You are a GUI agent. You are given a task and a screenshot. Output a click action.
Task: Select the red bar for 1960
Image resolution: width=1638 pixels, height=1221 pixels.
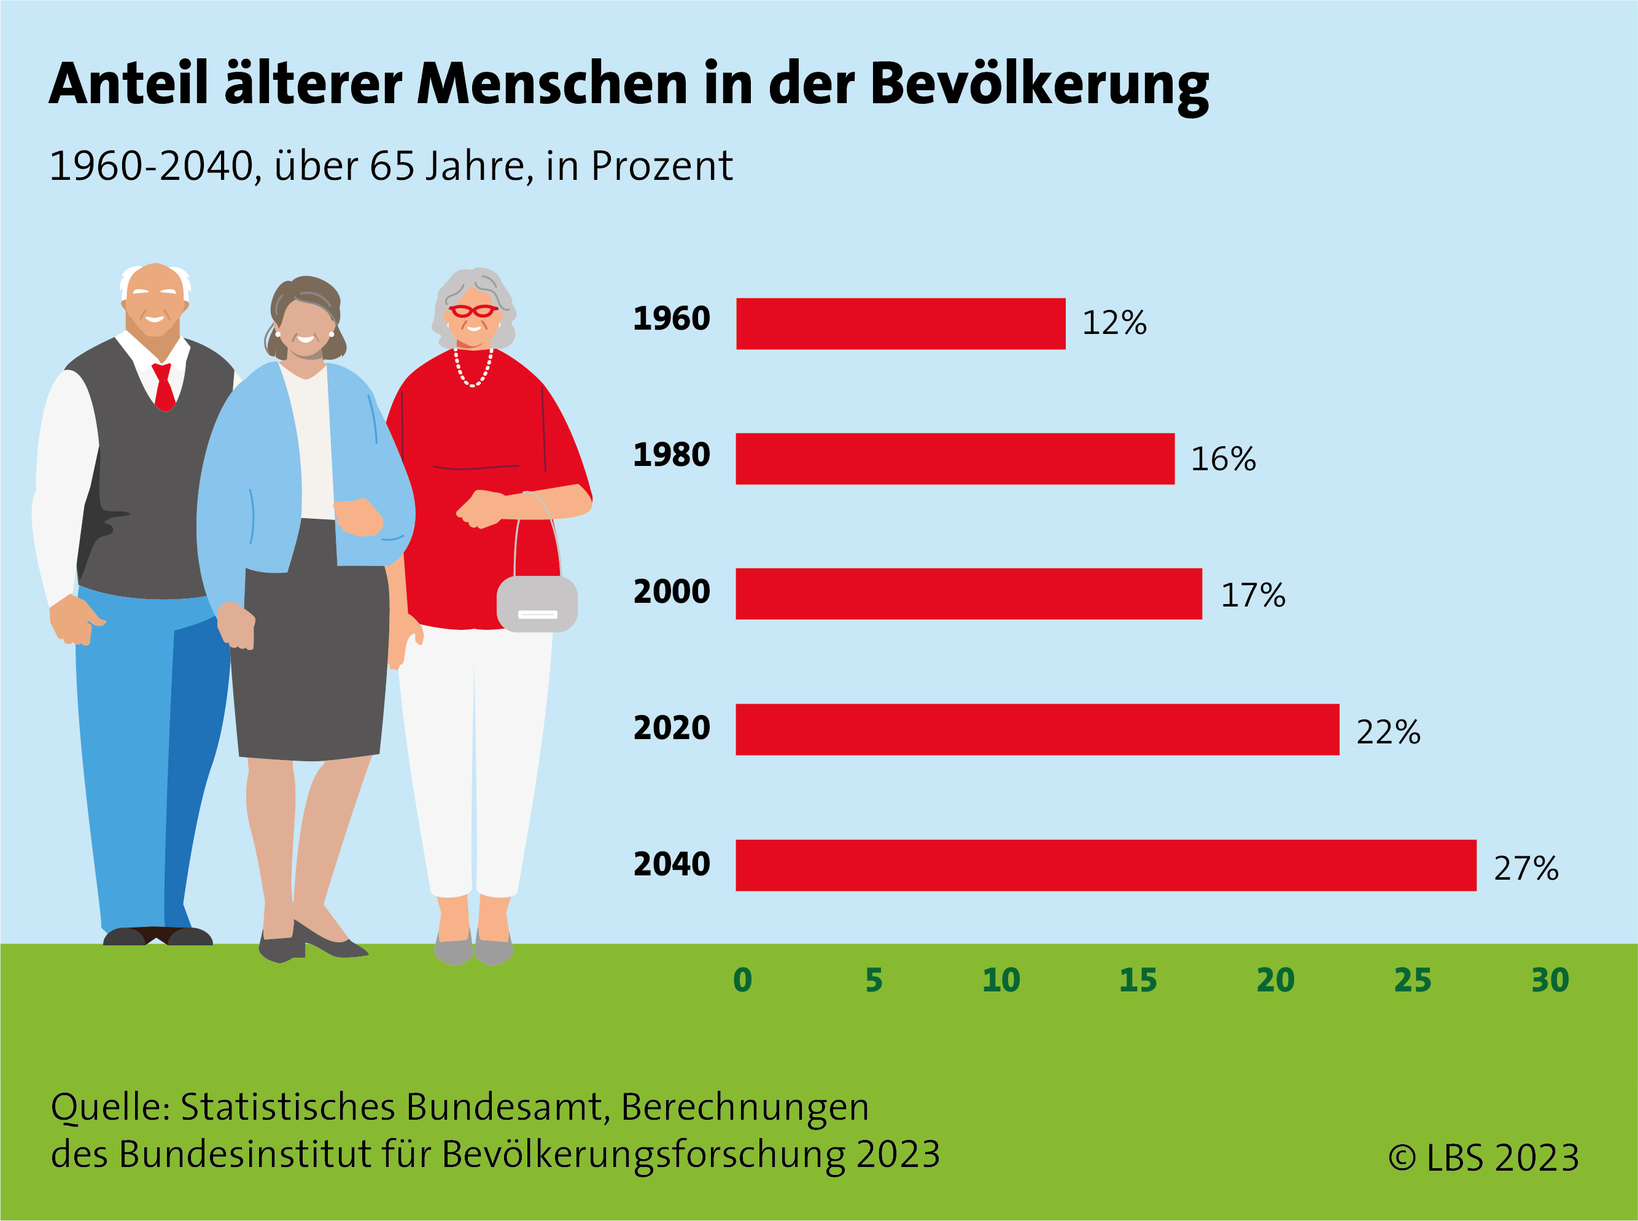pos(900,324)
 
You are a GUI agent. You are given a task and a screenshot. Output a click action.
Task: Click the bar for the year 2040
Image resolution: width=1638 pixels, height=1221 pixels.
pos(1106,866)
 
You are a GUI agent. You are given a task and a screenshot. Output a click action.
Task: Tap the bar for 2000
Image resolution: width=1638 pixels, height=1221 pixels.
pos(968,594)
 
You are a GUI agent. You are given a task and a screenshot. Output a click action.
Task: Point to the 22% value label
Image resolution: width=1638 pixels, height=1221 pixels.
pos(1388,732)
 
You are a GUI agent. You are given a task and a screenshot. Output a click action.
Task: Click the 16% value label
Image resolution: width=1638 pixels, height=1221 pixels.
pos(1222,459)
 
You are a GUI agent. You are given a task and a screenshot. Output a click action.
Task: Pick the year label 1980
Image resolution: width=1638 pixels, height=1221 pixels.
pos(671,454)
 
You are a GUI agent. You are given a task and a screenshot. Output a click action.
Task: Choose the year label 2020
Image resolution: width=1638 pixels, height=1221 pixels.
pos(671,728)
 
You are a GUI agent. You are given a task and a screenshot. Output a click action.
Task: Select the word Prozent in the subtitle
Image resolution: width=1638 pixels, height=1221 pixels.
pos(662,166)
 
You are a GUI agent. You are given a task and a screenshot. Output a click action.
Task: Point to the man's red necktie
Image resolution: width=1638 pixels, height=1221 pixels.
pos(163,386)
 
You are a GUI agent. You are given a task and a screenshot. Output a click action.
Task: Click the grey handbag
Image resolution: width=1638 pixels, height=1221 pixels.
pos(537,603)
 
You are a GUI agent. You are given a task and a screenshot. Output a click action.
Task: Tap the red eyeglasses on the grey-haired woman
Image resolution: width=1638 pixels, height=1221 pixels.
pos(473,311)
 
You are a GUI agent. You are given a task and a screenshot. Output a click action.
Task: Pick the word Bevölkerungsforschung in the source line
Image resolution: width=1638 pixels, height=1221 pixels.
pos(643,1155)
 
